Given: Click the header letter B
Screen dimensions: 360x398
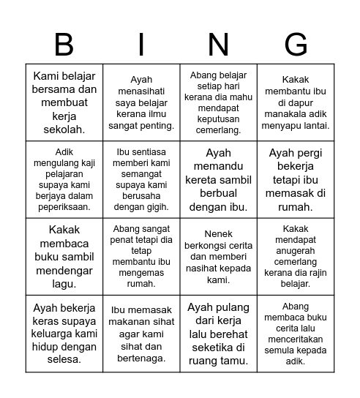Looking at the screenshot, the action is click(64, 45).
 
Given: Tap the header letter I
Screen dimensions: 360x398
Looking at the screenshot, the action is click(141, 45).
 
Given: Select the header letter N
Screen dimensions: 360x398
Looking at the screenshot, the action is click(218, 45).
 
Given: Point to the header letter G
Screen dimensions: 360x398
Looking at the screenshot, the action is click(296, 45).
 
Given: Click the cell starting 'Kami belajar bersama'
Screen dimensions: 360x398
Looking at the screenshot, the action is click(64, 102).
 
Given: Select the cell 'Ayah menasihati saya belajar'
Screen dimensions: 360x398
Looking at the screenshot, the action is click(141, 102).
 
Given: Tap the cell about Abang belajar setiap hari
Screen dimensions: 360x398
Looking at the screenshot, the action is click(218, 102).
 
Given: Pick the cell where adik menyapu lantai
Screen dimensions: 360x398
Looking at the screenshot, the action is click(296, 102).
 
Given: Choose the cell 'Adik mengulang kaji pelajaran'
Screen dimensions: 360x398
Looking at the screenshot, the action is click(64, 180).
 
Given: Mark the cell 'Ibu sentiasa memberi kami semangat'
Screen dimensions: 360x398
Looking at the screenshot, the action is click(141, 180).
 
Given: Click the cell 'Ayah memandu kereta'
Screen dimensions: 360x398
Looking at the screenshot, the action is click(218, 180).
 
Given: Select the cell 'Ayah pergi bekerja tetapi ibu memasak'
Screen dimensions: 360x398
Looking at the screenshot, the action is click(296, 180).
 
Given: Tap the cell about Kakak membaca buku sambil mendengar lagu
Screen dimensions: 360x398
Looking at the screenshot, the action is click(64, 257).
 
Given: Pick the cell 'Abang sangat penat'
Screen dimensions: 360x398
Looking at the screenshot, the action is click(141, 257).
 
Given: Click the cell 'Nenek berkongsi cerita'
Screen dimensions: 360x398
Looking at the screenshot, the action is click(218, 257).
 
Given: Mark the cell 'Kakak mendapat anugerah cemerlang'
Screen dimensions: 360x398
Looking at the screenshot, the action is click(296, 257).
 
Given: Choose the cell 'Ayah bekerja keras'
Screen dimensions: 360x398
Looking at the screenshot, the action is click(64, 334).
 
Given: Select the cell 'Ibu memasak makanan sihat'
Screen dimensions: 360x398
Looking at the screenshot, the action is click(141, 334).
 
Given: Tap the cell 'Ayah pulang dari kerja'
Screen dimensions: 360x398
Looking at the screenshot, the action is click(218, 334).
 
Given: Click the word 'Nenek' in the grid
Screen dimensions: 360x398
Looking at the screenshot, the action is click(219, 235).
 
